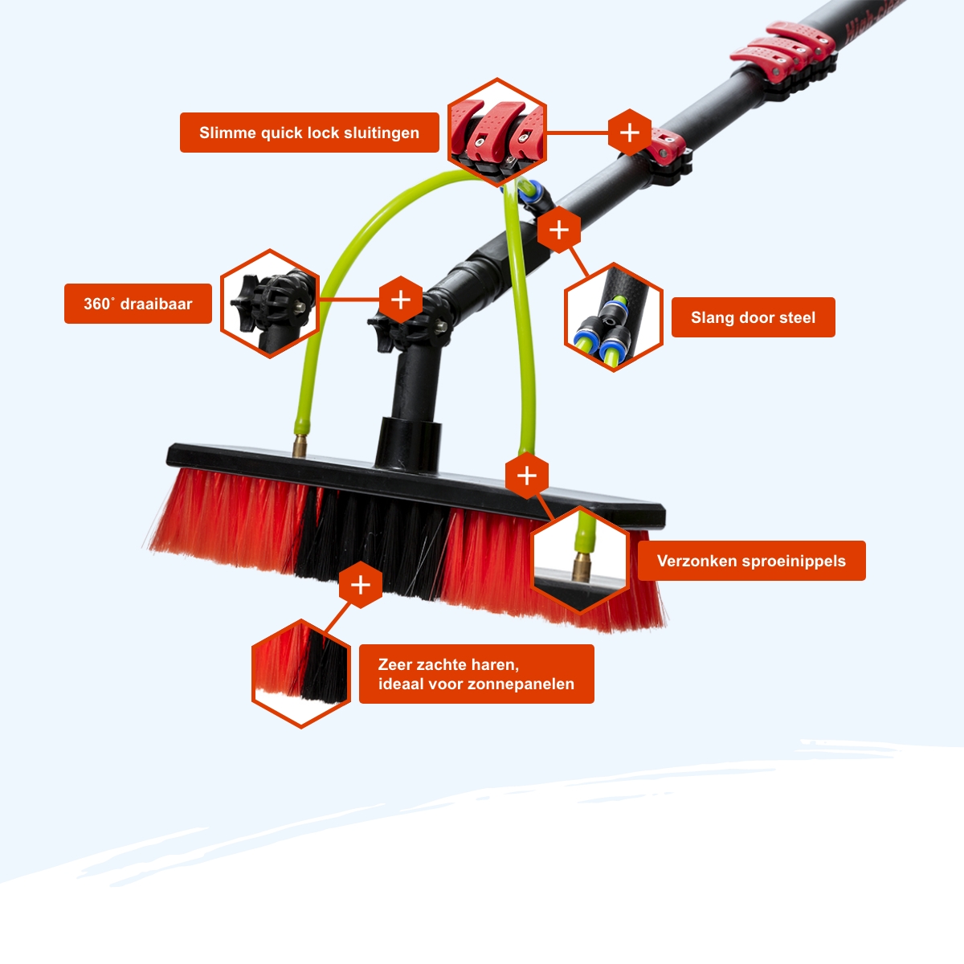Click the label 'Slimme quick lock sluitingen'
pyautogui.click(x=309, y=133)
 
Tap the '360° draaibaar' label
pyautogui.click(x=138, y=304)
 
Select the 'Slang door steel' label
pyautogui.click(x=753, y=317)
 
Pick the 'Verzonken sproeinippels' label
pyautogui.click(x=751, y=560)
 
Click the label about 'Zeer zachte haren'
pyautogui.click(x=476, y=674)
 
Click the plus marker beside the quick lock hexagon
pyautogui.click(x=629, y=133)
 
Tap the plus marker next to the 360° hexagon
pyautogui.click(x=401, y=300)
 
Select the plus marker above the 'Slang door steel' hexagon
pyautogui.click(x=559, y=230)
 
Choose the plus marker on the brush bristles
pyautogui.click(x=361, y=584)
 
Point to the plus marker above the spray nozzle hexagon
pyautogui.click(x=527, y=476)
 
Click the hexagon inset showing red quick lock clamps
pyautogui.click(x=496, y=133)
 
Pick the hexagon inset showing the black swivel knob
pyautogui.click(x=270, y=304)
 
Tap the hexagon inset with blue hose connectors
pyautogui.click(x=614, y=317)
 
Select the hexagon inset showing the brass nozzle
pyautogui.click(x=580, y=560)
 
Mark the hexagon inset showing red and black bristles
pyautogui.click(x=301, y=674)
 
